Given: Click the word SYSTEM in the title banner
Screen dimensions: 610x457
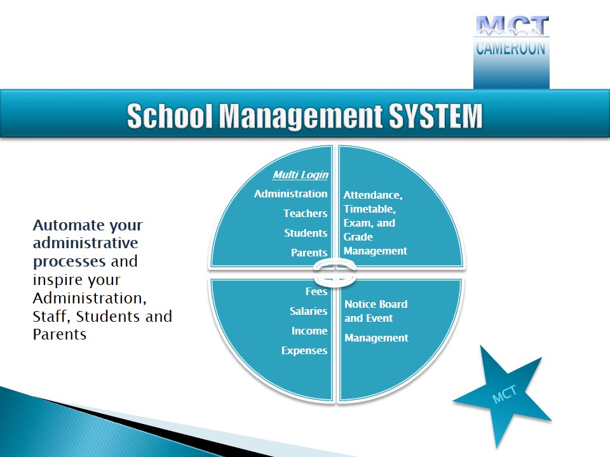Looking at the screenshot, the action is pos(436,116).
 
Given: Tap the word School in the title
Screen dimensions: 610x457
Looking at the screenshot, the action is pos(170,116).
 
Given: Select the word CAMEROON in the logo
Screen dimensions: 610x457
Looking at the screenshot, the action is pos(511,49).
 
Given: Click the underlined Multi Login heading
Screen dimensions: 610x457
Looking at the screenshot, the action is pos(301,175).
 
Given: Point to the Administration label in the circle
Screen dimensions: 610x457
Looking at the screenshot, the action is pos(290,194).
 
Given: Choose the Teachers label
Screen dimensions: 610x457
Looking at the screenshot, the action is pos(306,213).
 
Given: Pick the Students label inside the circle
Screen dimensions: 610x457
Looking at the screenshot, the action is pos(306,233).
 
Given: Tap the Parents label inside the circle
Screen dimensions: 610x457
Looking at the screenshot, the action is pos(309,253).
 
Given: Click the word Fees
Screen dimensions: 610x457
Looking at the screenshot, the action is pos(316,291).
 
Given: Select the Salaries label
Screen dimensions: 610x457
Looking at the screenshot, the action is pos(309,311).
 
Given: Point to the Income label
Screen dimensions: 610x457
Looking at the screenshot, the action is pos(309,331).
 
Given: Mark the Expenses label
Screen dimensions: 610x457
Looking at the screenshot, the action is pos(304,350).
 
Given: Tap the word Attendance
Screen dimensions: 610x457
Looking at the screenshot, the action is pos(373,195).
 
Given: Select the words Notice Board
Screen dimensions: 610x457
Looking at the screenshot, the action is pos(376,304).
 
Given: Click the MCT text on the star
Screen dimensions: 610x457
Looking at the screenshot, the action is pos(504,394).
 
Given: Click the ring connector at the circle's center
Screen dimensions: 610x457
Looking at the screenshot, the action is pos(335,273).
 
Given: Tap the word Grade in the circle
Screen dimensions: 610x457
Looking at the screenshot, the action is pos(358,237).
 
